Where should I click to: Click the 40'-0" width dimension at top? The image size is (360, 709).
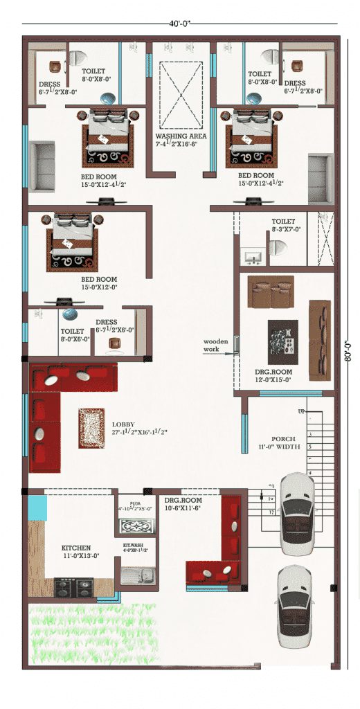[x=180, y=23]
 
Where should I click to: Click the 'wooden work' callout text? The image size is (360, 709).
[x=216, y=345]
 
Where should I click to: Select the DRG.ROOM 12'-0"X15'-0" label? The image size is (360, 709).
[x=273, y=376]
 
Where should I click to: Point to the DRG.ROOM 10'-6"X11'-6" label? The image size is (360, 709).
[x=183, y=503]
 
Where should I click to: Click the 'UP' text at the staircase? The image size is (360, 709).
[x=301, y=413]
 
